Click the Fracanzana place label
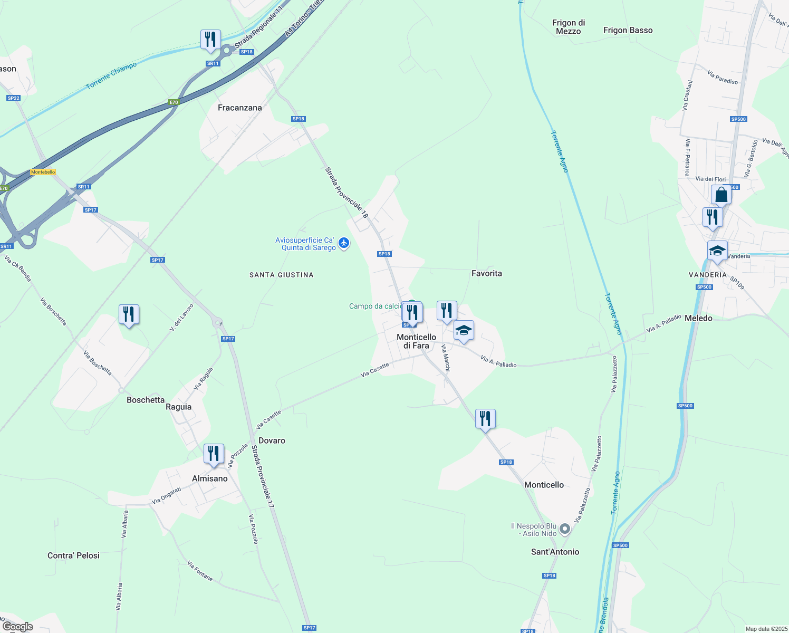coord(240,108)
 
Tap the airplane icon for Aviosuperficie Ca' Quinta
coord(344,243)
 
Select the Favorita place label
coord(486,273)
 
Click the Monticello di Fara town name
coord(416,341)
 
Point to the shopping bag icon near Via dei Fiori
coord(721,195)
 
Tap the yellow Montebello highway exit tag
coord(43,172)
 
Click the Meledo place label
coord(698,318)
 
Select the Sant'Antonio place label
coord(555,552)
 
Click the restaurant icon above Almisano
coord(214,454)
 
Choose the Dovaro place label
coord(272,440)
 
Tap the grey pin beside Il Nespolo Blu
coord(565,529)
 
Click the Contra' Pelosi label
coord(73,555)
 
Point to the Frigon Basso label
coord(628,31)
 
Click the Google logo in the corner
coord(17,627)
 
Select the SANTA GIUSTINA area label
coord(281,275)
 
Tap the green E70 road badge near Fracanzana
coord(174,102)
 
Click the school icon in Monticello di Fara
coord(464,331)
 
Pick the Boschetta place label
coord(146,400)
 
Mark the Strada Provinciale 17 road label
coord(263,477)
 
